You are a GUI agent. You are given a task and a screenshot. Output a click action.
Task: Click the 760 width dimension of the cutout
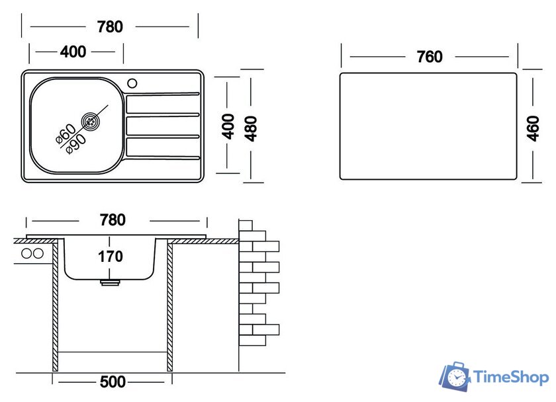pos(430,57)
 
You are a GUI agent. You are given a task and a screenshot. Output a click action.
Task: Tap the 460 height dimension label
pos(533,128)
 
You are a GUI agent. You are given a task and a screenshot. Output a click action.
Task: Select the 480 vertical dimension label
pos(251,128)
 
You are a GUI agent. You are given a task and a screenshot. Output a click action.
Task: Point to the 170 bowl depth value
pos(111,257)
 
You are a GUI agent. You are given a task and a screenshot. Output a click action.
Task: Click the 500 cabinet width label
pos(113,382)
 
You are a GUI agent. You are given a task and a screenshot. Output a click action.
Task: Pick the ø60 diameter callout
pos(66,134)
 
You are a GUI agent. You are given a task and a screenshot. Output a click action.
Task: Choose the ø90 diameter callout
pos(76,144)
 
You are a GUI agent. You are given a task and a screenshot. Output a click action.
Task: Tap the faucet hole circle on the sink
pos(132,83)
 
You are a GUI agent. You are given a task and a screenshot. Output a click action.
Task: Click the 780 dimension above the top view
pos(110,27)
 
